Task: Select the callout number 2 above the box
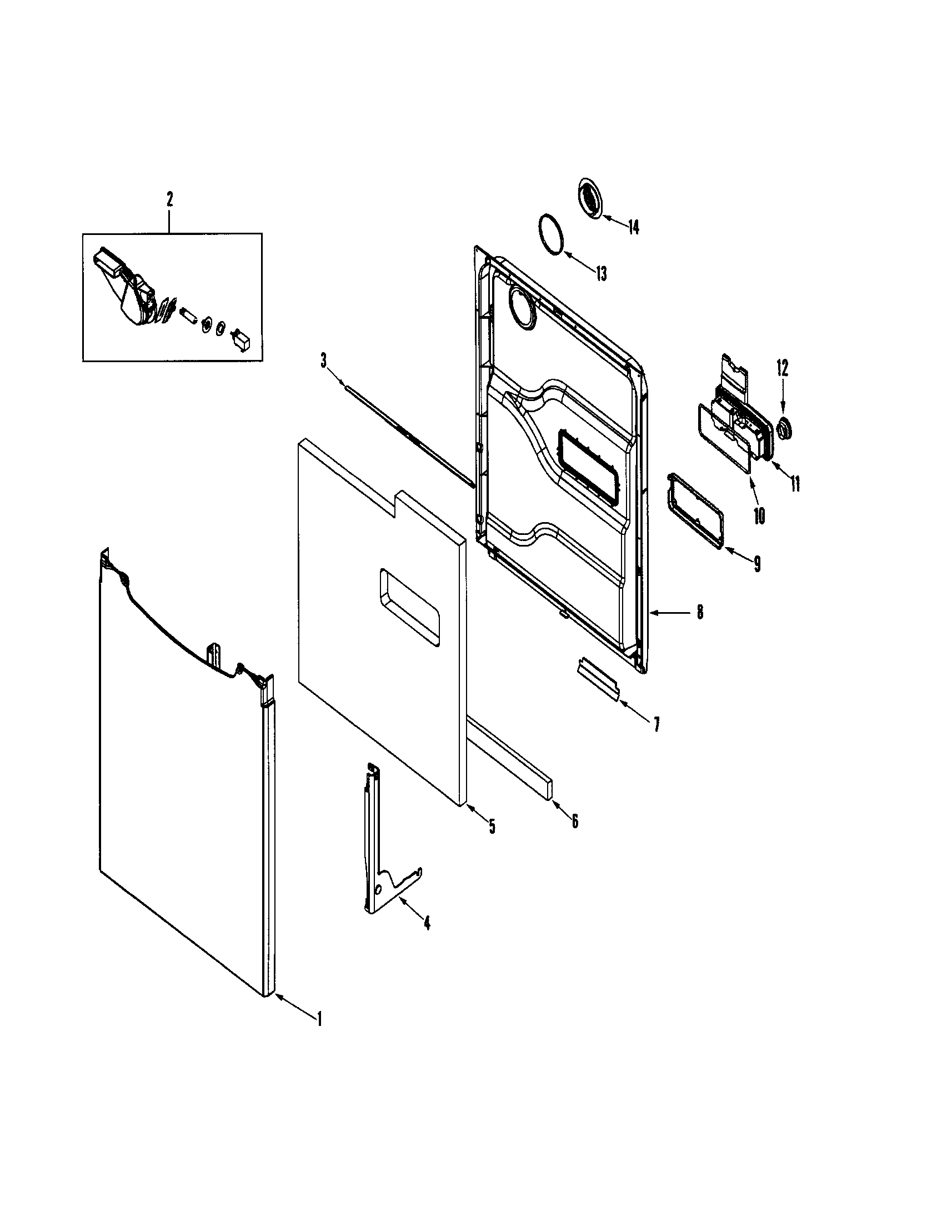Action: tap(169, 199)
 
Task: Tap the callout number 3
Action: tap(324, 361)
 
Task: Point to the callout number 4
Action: tap(427, 923)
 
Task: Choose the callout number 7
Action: tap(657, 724)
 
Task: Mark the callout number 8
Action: tap(700, 612)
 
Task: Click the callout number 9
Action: tap(757, 564)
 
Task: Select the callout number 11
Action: tap(795, 482)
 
